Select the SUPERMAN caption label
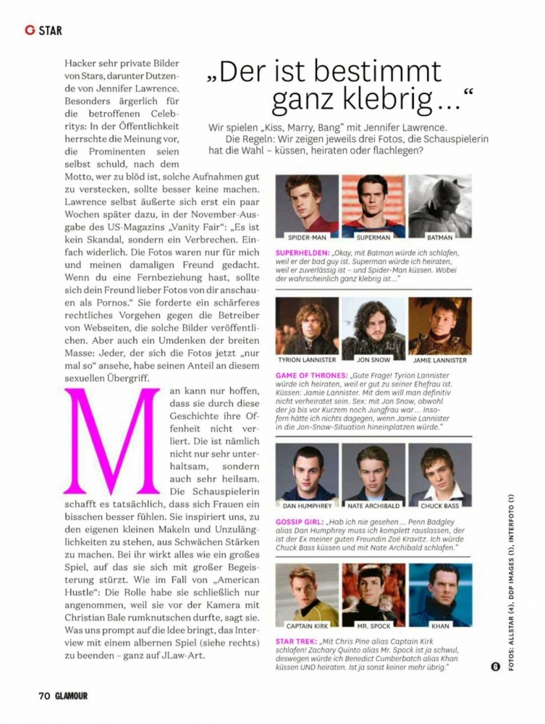point(373,237)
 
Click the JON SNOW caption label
point(373,360)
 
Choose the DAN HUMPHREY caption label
point(307,505)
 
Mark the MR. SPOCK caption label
point(373,626)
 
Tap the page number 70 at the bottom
point(44,696)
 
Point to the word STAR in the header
point(51,30)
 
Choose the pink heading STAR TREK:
point(295,641)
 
